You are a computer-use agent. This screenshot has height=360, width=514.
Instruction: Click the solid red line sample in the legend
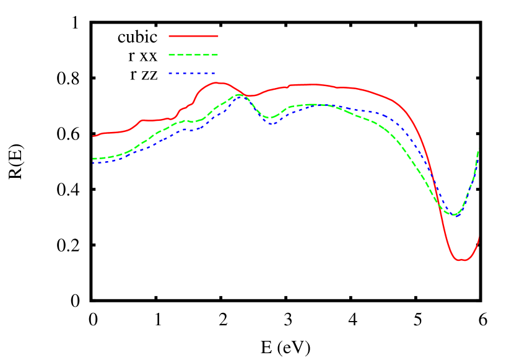click(x=193, y=36)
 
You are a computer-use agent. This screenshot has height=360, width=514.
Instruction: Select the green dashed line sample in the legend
click(x=193, y=55)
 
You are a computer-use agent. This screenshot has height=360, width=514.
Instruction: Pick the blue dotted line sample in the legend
click(x=192, y=73)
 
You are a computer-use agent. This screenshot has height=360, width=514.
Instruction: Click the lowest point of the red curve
click(x=461, y=260)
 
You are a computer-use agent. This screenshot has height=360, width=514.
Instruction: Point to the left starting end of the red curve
click(x=94, y=136)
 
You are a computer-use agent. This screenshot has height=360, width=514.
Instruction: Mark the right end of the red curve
click(x=479, y=237)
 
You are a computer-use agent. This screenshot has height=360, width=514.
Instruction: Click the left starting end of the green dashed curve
click(x=94, y=159)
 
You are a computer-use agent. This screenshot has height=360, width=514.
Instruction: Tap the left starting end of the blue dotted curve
click(x=94, y=163)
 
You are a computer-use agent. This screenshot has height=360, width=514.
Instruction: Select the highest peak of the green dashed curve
click(x=238, y=95)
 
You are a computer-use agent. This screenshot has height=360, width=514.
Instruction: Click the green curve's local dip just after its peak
click(x=269, y=117)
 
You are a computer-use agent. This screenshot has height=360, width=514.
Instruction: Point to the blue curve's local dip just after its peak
click(x=271, y=123)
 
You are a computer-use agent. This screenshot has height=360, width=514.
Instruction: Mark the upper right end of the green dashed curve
click(x=478, y=151)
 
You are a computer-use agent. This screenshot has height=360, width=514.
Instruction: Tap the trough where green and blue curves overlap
click(x=454, y=215)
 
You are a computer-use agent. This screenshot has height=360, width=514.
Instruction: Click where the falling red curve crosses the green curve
click(x=437, y=197)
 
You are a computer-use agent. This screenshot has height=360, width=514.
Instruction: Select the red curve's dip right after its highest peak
click(x=250, y=95)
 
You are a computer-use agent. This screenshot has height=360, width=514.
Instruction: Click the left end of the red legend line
click(x=169, y=36)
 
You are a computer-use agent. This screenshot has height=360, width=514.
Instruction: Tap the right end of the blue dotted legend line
click(x=215, y=73)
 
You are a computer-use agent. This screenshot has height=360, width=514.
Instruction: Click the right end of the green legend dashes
click(x=218, y=55)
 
